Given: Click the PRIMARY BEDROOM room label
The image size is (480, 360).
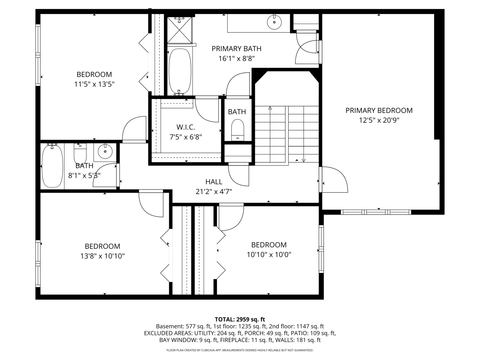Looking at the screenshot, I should [379, 110].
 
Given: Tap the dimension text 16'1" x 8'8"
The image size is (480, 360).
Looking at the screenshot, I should [237, 59].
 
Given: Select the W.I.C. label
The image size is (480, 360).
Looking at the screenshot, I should [186, 127].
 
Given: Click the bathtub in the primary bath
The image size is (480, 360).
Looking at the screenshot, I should [180, 72].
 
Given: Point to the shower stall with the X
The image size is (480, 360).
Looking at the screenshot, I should [180, 30].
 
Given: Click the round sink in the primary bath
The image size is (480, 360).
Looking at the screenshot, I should [274, 22].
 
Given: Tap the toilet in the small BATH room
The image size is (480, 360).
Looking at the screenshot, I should [238, 130].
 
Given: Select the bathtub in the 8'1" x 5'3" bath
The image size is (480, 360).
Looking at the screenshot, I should [52, 166].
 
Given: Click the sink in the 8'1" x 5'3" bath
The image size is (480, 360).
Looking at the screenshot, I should [105, 152].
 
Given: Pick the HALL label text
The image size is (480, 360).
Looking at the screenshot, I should [214, 182].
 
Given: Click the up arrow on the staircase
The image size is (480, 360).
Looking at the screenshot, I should [270, 108].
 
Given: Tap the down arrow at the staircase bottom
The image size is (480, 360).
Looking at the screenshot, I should [303, 160].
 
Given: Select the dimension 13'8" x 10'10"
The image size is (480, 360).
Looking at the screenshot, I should [102, 256].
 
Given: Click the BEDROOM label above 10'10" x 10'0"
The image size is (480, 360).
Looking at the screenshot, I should [269, 245].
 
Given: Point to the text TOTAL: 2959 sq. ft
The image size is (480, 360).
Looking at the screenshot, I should [240, 319].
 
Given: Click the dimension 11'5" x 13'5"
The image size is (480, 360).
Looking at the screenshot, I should [94, 84].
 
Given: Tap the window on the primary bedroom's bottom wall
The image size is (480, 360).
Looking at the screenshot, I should [376, 212].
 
